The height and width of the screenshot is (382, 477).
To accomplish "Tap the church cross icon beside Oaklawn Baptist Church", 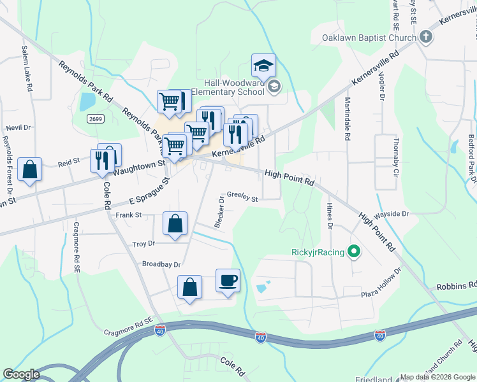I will click(427, 38).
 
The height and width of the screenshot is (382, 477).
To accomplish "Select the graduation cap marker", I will click(263, 66).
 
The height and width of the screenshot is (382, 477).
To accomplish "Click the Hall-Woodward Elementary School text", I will click(234, 87).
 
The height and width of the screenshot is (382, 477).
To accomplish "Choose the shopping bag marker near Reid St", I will click(29, 170).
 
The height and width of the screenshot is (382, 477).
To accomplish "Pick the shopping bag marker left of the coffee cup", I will click(190, 287).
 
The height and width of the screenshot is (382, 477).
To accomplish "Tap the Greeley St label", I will click(242, 199).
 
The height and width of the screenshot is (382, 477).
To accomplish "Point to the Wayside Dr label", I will click(392, 214).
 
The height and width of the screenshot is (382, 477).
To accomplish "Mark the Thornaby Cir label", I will click(396, 153).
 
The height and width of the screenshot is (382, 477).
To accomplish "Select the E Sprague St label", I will click(148, 191).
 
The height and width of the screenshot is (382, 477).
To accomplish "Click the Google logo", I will click(22, 374).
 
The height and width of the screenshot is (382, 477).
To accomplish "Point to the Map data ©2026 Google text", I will click(437, 377).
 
